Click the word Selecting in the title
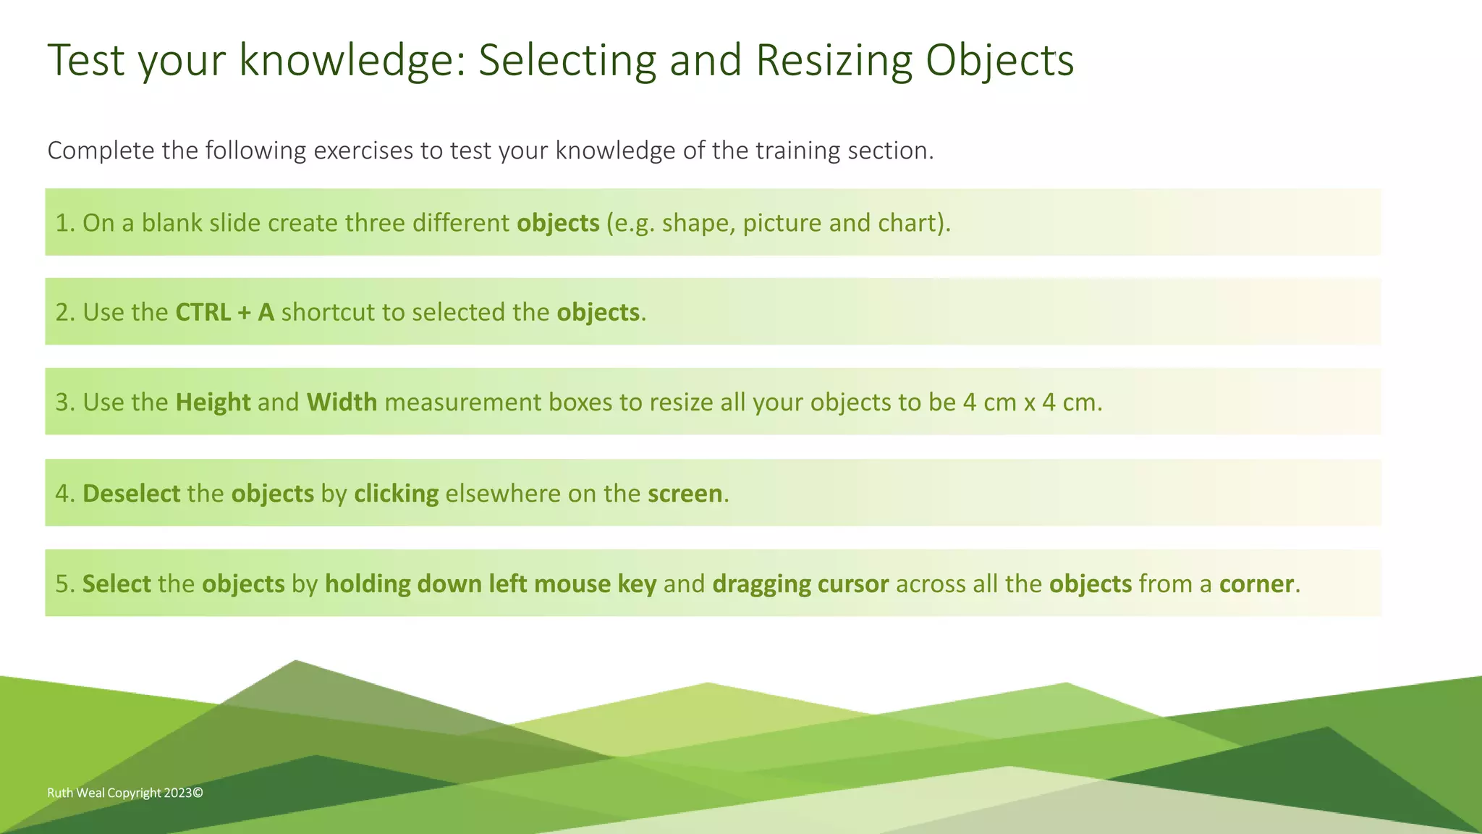click(567, 60)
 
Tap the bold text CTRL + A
click(224, 312)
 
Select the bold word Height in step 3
click(213, 402)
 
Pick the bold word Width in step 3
click(342, 402)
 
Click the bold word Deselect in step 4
click(131, 493)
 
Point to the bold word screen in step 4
click(685, 493)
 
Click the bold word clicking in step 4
click(396, 493)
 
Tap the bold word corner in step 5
click(1256, 584)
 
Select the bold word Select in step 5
click(117, 584)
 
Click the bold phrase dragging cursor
click(800, 584)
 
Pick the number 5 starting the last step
click(62, 584)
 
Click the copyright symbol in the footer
click(198, 793)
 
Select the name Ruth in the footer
click(60, 793)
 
